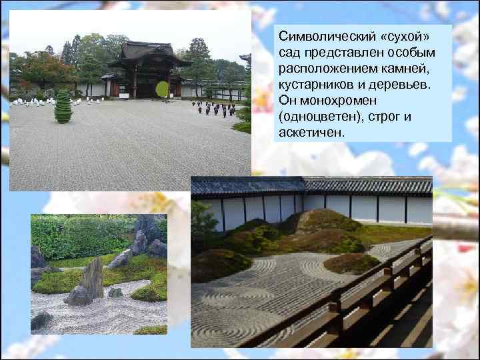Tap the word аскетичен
coord(310,132)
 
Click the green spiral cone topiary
coord(63,107)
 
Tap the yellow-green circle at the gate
coord(161,89)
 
